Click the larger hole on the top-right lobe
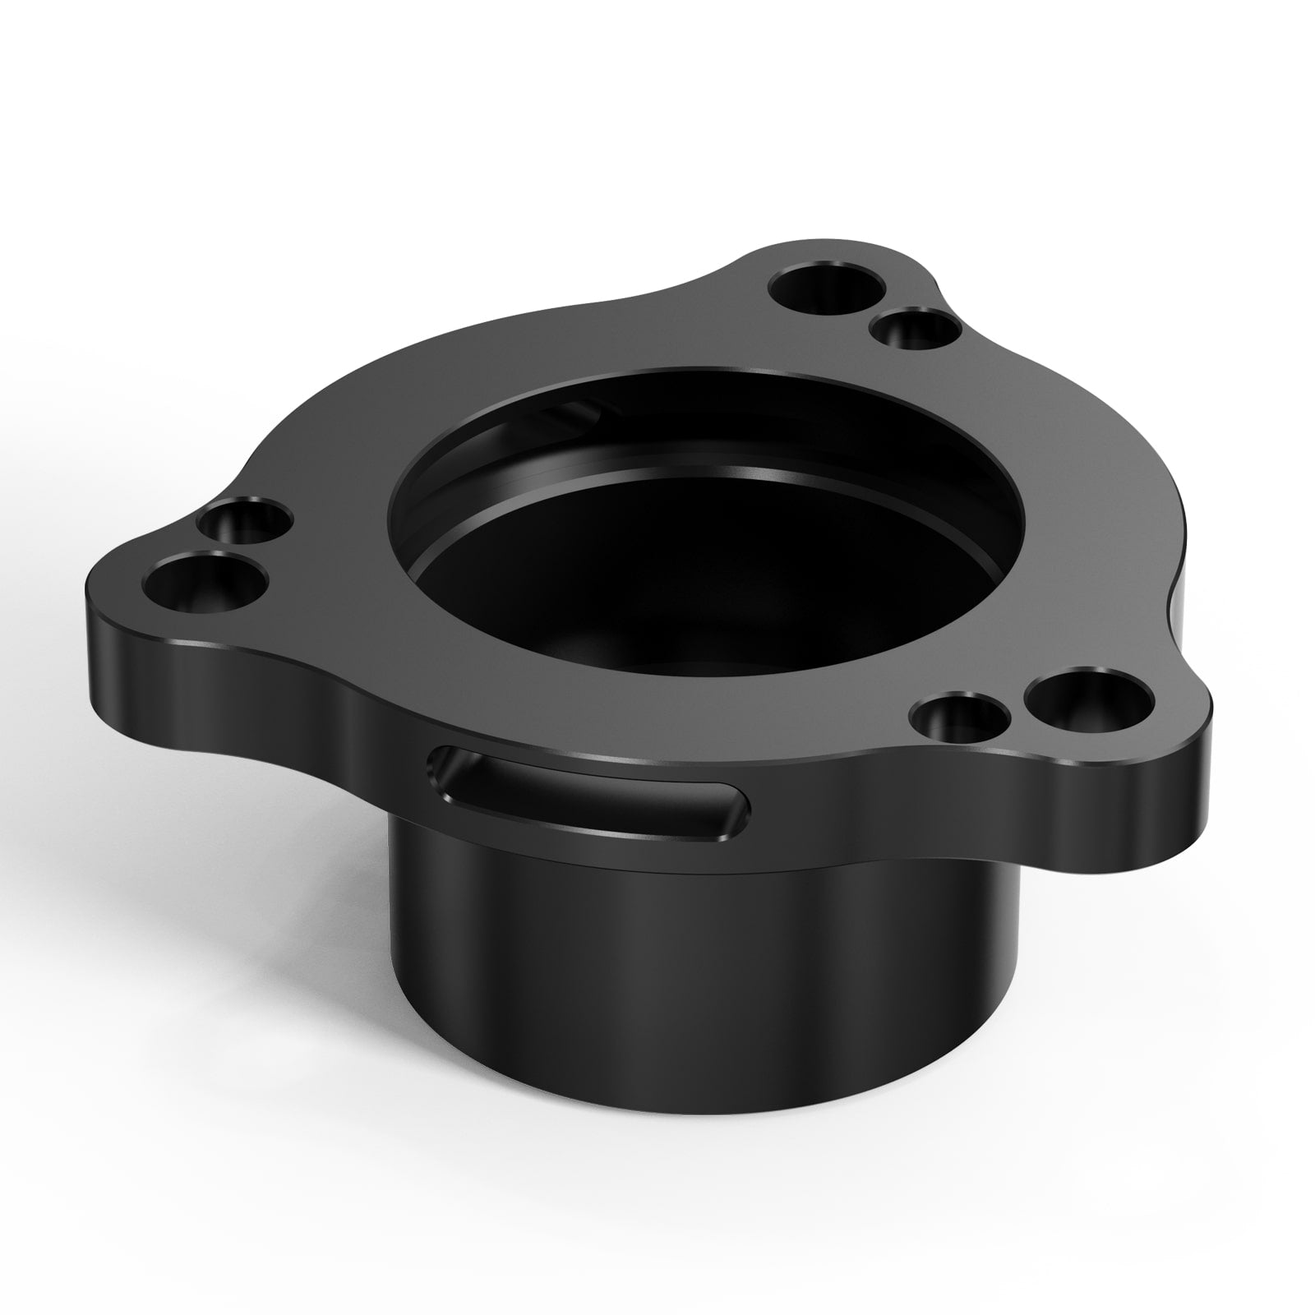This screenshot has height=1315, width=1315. click(828, 288)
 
